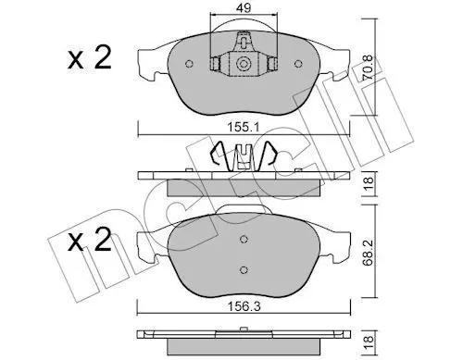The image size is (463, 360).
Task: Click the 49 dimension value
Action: coord(244,7)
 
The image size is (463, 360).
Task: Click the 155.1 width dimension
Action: coord(244,127)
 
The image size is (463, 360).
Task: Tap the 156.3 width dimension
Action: coord(244,306)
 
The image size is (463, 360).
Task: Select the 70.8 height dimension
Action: coord(368,68)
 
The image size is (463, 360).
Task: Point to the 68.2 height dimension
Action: coord(368,253)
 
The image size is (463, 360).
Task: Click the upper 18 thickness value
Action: coord(369,183)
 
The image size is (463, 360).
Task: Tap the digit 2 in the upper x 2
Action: coord(102,57)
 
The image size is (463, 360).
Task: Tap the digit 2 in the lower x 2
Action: coord(102,240)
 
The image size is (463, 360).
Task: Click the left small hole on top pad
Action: coord(189,64)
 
